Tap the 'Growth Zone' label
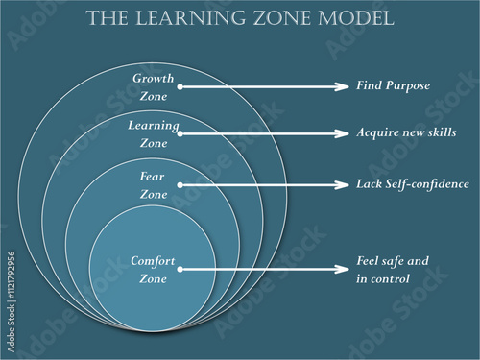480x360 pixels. click(154, 86)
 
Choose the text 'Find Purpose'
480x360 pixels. click(393, 86)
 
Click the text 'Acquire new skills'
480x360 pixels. click(406, 133)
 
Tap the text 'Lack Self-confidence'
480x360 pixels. click(413, 184)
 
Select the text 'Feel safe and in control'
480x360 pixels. click(392, 270)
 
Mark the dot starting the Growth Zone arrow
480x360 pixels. click(180, 86)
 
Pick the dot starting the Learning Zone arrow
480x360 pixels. click(180, 133)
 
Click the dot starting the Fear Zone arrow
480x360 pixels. click(180, 184)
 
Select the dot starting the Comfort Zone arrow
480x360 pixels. click(180, 270)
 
